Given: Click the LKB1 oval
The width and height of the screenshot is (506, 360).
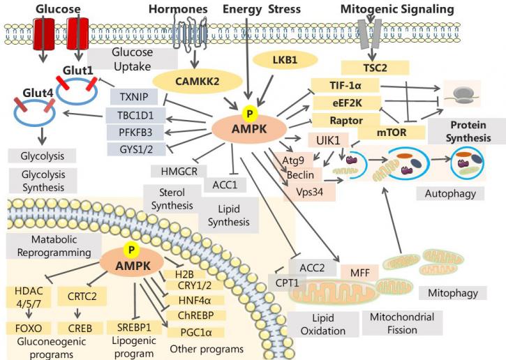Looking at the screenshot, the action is pyautogui.click(x=285, y=60).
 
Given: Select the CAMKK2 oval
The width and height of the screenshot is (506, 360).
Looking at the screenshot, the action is pyautogui.click(x=198, y=82).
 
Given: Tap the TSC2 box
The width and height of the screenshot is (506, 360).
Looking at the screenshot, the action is pyautogui.click(x=375, y=68).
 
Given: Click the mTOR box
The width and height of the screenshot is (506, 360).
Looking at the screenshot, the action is pyautogui.click(x=392, y=133).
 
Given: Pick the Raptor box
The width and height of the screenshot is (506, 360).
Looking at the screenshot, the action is pyautogui.click(x=346, y=120).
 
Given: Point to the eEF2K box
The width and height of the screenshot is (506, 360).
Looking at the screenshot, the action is pyautogui.click(x=347, y=103).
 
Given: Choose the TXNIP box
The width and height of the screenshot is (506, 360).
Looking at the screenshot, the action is pyautogui.click(x=134, y=97).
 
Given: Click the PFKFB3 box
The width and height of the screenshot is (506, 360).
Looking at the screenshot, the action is pyautogui.click(x=135, y=133).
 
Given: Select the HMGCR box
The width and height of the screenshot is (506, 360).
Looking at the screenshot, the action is pyautogui.click(x=179, y=171).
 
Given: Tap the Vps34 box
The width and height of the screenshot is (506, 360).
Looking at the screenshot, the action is pyautogui.click(x=309, y=193).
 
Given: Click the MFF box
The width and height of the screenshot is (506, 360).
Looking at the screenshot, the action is pyautogui.click(x=360, y=273).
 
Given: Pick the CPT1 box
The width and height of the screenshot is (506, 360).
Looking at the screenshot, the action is pyautogui.click(x=287, y=283).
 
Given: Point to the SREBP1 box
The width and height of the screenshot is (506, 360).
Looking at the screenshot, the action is pyautogui.click(x=134, y=327).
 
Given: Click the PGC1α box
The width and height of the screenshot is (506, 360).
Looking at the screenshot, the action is pyautogui.click(x=196, y=332).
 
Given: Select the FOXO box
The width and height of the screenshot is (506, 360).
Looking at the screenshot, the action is pyautogui.click(x=29, y=329).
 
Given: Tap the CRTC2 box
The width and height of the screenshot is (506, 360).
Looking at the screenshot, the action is pyautogui.click(x=82, y=296).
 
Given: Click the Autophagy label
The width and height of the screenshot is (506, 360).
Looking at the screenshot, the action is pyautogui.click(x=450, y=193).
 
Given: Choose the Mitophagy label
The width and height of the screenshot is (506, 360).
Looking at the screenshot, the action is pyautogui.click(x=453, y=293).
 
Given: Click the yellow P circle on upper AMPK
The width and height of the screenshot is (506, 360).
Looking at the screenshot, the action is pyautogui.click(x=249, y=113).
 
